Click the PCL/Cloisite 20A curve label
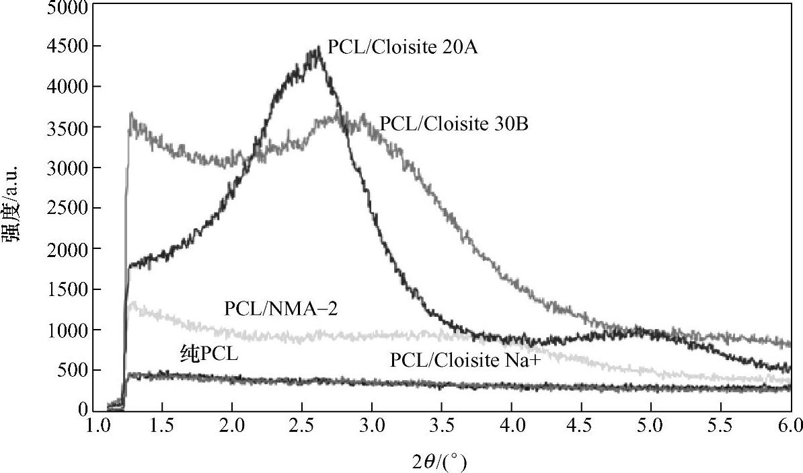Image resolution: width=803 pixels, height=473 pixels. [x=402, y=47]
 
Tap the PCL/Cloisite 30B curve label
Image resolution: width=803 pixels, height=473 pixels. [x=454, y=124]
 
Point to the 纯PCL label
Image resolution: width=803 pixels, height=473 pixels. [x=209, y=355]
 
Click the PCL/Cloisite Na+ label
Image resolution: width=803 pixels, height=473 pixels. [x=465, y=360]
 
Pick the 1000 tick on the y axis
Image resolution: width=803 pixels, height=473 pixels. [x=73, y=330]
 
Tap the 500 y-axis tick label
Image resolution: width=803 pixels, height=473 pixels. [x=77, y=371]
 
